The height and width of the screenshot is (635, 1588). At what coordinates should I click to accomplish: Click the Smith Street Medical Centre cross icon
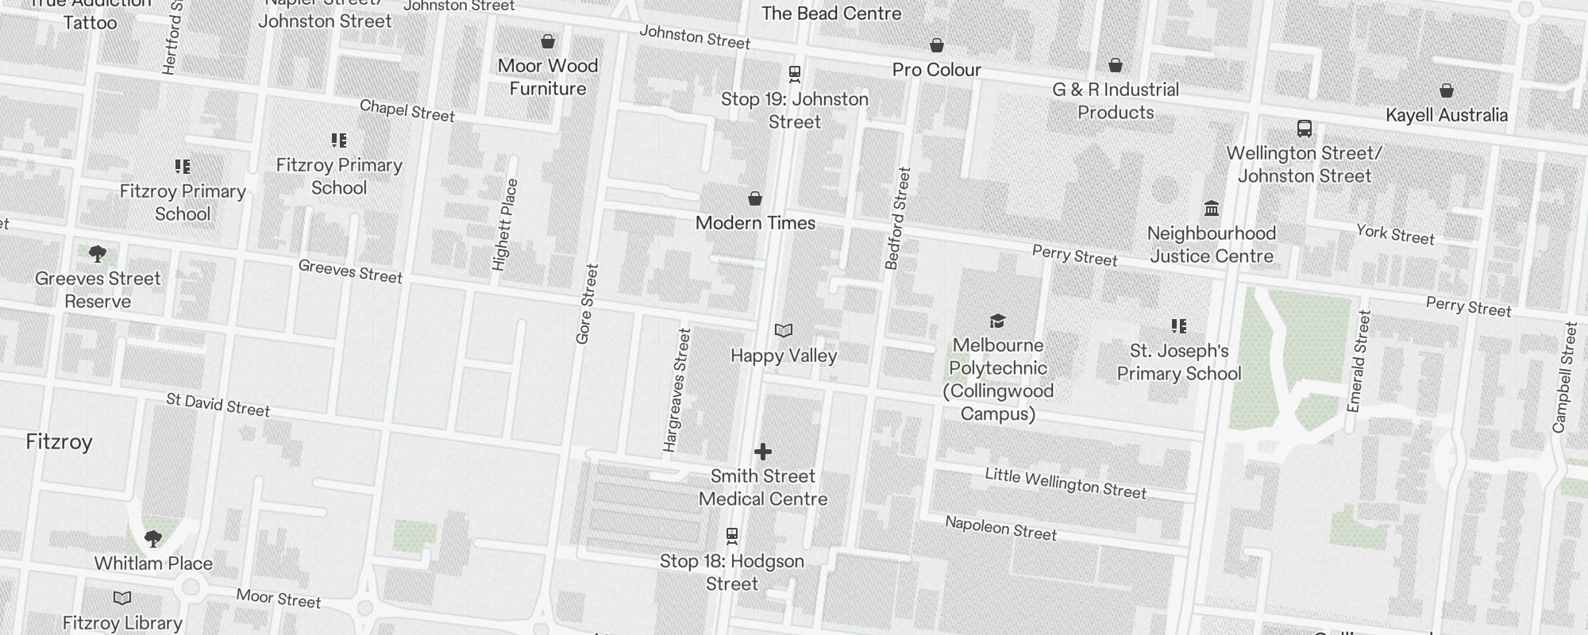pos(763,452)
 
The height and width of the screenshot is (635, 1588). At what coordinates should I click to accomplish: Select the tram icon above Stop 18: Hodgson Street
pos(732,537)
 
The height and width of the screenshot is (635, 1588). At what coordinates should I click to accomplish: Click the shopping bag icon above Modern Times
pos(755,198)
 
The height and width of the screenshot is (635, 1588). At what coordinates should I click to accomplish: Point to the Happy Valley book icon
pos(784,331)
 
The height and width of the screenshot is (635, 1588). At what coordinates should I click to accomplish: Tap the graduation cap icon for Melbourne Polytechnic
pos(998,321)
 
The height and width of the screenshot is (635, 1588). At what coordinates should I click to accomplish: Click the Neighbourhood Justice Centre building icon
pos(1212,209)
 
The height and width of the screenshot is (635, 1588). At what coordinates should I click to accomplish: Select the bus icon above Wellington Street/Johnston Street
pos(1304,129)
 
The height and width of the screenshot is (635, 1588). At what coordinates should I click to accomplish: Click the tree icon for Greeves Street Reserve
pos(98,254)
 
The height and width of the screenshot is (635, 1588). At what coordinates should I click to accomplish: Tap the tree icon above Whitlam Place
pos(153,539)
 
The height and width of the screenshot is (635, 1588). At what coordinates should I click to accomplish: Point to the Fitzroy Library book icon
pos(122,598)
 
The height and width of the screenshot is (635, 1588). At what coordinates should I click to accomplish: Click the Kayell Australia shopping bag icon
pos(1447,91)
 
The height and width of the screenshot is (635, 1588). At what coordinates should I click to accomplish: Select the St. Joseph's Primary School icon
pos(1179,326)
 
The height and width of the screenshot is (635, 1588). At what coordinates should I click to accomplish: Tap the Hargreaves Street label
pos(676,391)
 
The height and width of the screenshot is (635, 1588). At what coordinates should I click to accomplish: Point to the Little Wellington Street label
pos(1066,483)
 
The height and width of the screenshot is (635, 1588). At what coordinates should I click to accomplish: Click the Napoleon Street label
pos(1000,528)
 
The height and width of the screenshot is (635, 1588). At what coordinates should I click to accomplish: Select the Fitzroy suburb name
pos(60,442)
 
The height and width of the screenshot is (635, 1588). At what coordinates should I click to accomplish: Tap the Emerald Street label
pos(1359,361)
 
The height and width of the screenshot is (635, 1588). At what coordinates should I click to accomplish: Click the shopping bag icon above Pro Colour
pos(937,46)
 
